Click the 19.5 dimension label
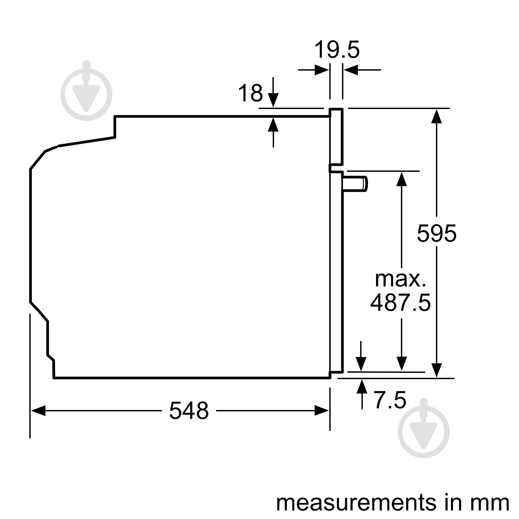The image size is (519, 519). pyautogui.click(x=337, y=50)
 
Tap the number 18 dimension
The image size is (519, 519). pyautogui.click(x=250, y=93)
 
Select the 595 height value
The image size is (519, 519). pyautogui.click(x=436, y=234)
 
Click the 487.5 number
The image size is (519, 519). pyautogui.click(x=400, y=303)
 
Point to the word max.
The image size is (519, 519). pyautogui.click(x=400, y=279)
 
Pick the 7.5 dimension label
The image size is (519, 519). pyautogui.click(x=390, y=400)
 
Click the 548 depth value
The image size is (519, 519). pyautogui.click(x=189, y=411)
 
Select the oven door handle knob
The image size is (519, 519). pyautogui.click(x=354, y=184)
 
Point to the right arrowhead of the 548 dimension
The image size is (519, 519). pyautogui.click(x=322, y=411)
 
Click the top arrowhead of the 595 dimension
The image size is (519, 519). pyautogui.click(x=436, y=116)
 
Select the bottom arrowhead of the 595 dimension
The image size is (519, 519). pyautogui.click(x=436, y=371)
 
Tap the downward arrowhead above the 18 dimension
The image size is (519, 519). pyautogui.click(x=273, y=100)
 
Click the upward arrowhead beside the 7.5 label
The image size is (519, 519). pyautogui.click(x=362, y=387)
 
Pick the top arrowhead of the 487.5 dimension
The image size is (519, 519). pyautogui.click(x=402, y=179)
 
